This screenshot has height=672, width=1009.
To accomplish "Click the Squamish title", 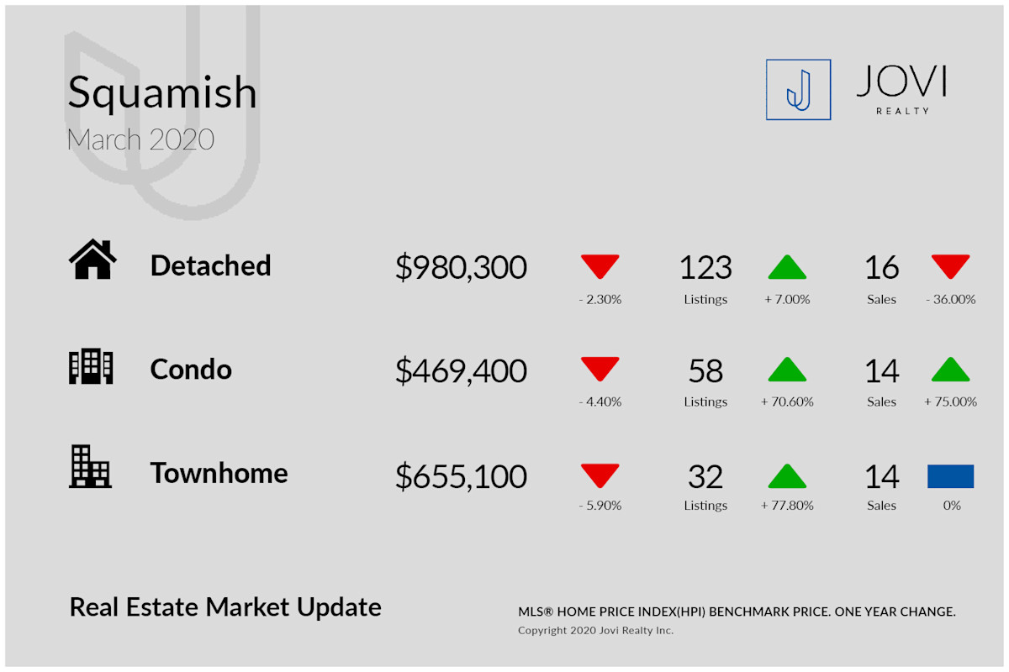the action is tap(162, 93).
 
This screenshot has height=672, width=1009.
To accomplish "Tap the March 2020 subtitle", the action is tap(140, 139).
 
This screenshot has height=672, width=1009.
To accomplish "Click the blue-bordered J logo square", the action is tap(798, 90).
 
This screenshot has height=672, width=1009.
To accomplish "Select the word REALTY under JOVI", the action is tap(903, 111).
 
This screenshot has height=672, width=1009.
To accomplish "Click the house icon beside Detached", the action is tap(92, 259).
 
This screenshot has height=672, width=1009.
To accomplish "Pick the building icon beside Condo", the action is tap(91, 366).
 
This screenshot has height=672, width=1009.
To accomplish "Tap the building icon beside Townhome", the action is tap(90, 466).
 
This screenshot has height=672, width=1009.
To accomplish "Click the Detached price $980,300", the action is tap(461, 267).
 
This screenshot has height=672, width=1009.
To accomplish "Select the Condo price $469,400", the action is tap(461, 371).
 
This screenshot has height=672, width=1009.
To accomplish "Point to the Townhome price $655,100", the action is tap(461, 476).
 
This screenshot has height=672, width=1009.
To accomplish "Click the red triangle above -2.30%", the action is tap(600, 265).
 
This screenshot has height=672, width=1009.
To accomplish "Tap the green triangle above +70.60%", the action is tap(787, 370).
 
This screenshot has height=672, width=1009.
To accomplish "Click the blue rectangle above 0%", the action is tap(950, 476).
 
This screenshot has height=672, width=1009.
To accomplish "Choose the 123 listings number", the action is tap(705, 268).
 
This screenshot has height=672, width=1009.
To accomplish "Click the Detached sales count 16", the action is tap(881, 268).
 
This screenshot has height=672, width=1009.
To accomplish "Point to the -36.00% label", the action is tap(950, 299).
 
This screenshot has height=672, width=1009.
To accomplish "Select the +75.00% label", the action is tap(950, 402).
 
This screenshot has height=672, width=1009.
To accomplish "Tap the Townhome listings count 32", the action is tap(705, 476).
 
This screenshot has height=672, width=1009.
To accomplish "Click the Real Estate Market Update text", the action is tap(225, 607).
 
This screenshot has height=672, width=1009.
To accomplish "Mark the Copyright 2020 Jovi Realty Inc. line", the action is tap(595, 630).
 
